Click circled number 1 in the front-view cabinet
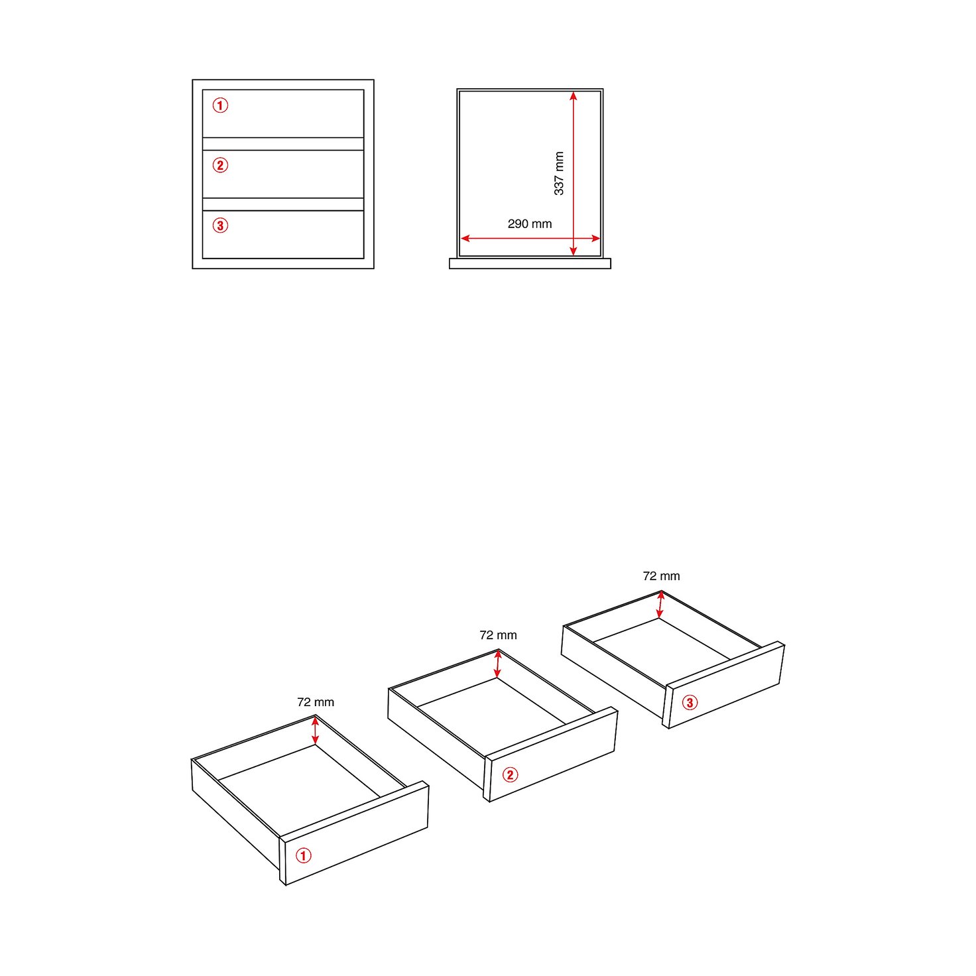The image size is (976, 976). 220,105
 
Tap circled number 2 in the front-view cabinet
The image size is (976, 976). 220,165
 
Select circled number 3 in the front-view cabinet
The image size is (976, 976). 220,225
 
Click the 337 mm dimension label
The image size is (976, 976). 559,173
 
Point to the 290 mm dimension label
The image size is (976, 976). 530,224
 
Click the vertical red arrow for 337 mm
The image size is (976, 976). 574,174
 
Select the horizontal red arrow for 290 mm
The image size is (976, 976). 530,238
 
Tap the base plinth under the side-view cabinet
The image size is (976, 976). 530,263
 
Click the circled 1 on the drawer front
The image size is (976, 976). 304,855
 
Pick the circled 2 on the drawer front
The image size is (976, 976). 510,774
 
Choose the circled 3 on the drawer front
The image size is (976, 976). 690,703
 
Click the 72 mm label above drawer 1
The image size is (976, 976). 316,702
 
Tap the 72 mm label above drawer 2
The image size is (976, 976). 499,635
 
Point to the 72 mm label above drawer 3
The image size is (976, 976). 662,576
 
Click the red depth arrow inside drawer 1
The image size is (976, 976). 316,730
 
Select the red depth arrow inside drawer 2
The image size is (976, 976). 498,664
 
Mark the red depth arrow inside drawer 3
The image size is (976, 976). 660,605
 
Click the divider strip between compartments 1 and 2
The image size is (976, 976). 283,144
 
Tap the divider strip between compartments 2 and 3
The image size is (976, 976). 283,204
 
